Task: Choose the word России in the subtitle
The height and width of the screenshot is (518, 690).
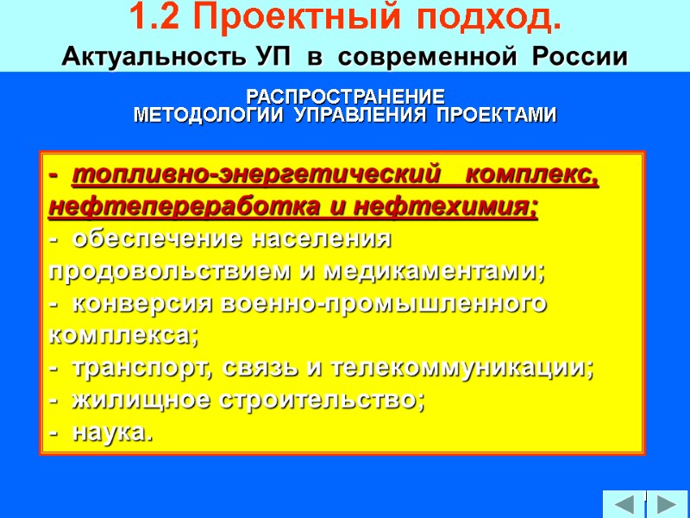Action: [580, 58]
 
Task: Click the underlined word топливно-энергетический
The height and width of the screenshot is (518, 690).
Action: [251, 176]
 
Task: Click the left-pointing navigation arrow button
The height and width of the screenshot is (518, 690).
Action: [623, 503]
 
